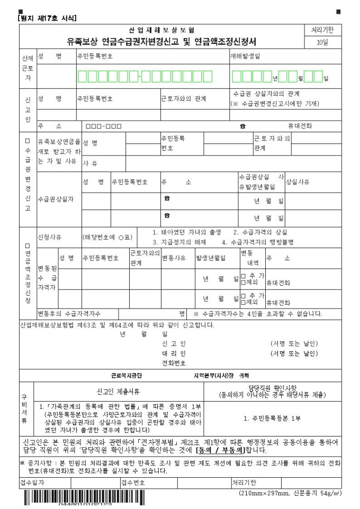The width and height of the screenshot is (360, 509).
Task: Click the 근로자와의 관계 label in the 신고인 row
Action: pyautogui.click(x=184, y=98)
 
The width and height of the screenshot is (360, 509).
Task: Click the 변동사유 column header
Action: pyautogui.click(x=173, y=258)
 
